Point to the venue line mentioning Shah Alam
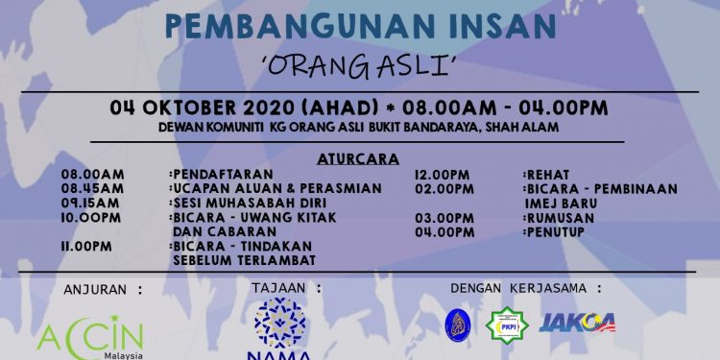(x=360, y=126)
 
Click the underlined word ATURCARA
(x=360, y=156)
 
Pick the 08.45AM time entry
(x=93, y=189)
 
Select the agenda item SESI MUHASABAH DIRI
(x=234, y=204)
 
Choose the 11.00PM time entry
(x=86, y=247)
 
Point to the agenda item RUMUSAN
(x=560, y=218)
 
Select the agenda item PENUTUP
(x=559, y=232)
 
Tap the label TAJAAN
(x=286, y=288)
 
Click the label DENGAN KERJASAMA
(x=527, y=288)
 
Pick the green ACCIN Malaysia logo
(x=90, y=339)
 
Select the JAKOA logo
(x=577, y=323)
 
